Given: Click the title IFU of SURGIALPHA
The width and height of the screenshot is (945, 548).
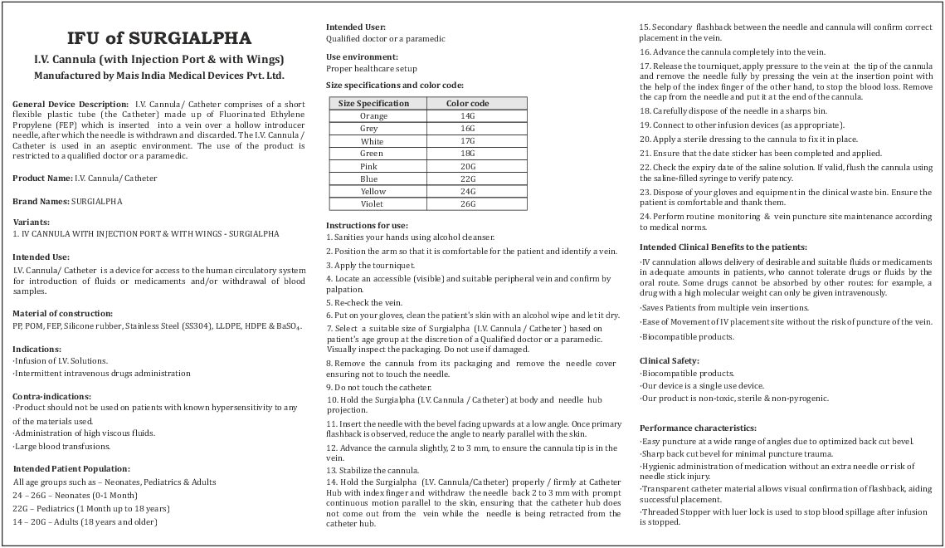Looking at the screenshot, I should (159, 38).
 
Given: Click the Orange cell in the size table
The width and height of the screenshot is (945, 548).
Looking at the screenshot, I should (373, 116).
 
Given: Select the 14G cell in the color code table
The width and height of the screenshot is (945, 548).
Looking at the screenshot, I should (467, 116).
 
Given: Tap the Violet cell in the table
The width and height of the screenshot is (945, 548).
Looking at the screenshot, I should (373, 204).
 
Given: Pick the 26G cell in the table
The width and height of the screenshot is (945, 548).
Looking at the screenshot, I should (467, 204).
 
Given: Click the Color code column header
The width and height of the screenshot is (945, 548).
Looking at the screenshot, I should (467, 104).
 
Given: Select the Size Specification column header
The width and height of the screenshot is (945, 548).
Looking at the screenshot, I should (373, 104).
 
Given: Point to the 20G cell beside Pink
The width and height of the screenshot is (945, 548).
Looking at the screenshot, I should (467, 167).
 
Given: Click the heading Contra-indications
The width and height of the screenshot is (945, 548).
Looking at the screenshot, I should (52, 396).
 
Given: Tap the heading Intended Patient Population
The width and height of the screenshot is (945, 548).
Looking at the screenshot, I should (71, 469).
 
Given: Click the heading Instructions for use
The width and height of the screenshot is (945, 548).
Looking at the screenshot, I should (367, 225).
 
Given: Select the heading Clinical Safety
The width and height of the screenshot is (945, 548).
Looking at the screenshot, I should (670, 361).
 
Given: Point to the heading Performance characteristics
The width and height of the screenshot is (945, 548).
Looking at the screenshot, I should (693, 428).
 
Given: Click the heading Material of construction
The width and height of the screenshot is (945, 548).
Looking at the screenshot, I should (63, 313).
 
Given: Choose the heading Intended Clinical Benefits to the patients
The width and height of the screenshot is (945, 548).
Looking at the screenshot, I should (723, 247).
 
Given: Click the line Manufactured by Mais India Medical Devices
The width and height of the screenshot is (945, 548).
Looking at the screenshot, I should (159, 76).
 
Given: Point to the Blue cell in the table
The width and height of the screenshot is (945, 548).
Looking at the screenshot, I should (369, 179).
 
